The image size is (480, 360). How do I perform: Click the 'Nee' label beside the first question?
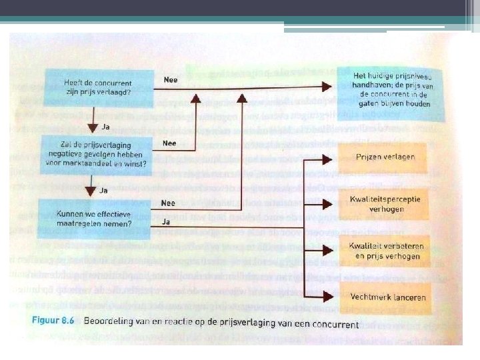coord(170,79)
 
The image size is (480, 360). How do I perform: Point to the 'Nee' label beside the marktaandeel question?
coord(170,143)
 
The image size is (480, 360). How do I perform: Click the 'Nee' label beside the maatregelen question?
coord(169,203)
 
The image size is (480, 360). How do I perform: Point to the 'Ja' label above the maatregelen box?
coord(104,190)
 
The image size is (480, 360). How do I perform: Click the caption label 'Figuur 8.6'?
coord(54,321)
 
